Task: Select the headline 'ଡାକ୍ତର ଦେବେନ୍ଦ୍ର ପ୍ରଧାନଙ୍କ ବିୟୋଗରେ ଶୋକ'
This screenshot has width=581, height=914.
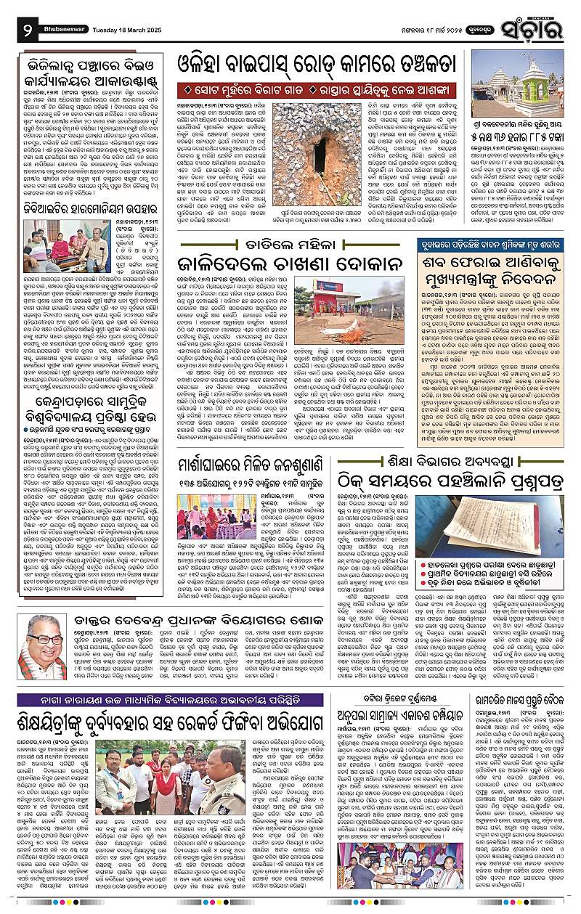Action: click(x=211, y=621)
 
